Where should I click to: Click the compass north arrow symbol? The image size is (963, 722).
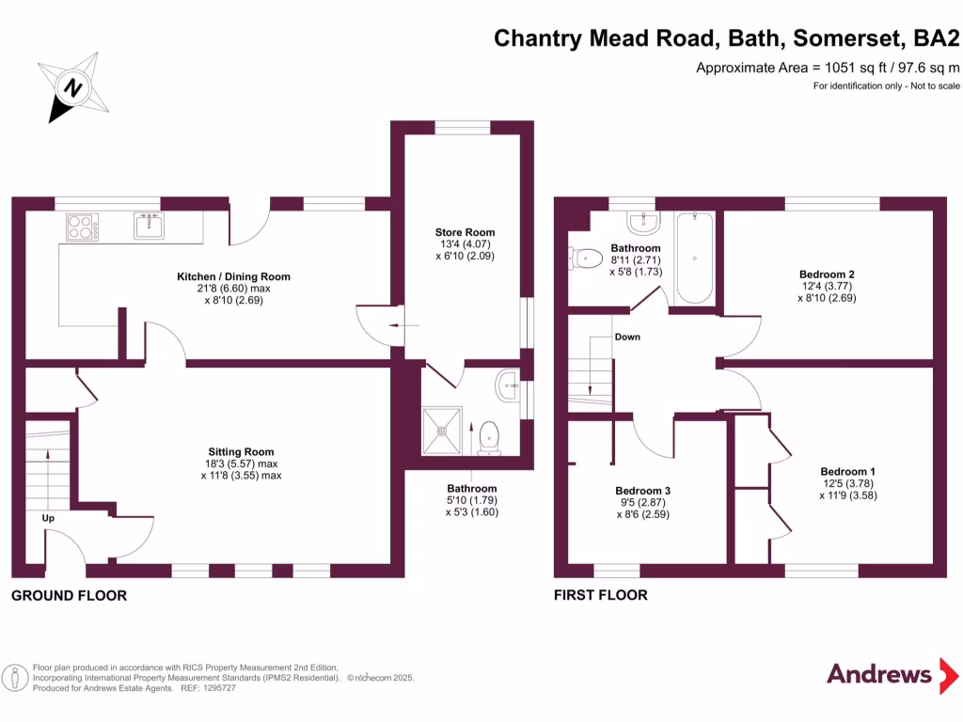[72, 87]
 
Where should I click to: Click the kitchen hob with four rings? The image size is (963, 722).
[82, 227]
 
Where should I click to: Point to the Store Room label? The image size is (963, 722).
[465, 232]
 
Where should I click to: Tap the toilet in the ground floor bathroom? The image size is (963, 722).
[489, 437]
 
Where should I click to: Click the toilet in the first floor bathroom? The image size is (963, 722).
[586, 257]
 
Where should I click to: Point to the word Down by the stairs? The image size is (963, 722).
[627, 337]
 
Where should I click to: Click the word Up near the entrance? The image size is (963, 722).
[48, 518]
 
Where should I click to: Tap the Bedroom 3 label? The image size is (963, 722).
[643, 491]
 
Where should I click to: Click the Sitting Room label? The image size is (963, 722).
[241, 452]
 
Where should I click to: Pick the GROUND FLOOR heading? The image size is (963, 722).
[69, 595]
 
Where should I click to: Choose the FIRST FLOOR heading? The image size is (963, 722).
[600, 595]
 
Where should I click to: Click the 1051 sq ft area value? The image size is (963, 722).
[831, 68]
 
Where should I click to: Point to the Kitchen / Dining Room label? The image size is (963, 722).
[234, 276]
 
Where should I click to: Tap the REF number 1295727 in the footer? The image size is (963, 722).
[218, 688]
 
